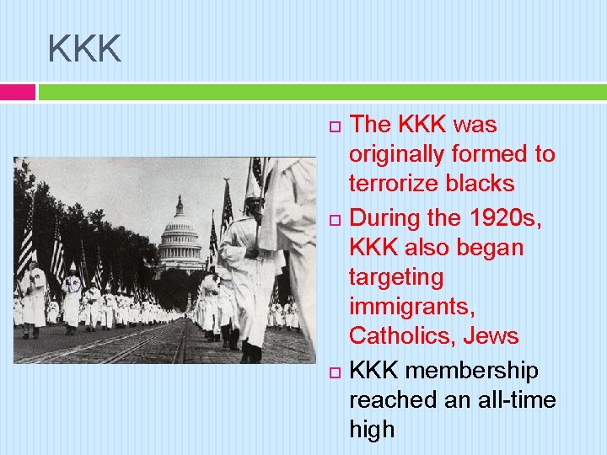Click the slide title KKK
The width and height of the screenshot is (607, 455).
(85, 49)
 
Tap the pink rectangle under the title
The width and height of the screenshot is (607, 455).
(18, 92)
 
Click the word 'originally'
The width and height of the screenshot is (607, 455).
(395, 155)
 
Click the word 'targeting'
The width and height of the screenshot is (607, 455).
(395, 277)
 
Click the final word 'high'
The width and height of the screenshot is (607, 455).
(372, 431)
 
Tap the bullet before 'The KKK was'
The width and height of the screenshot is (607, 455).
(332, 126)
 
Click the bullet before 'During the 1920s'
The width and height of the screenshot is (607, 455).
(332, 219)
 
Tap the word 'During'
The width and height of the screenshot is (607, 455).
(386, 217)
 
